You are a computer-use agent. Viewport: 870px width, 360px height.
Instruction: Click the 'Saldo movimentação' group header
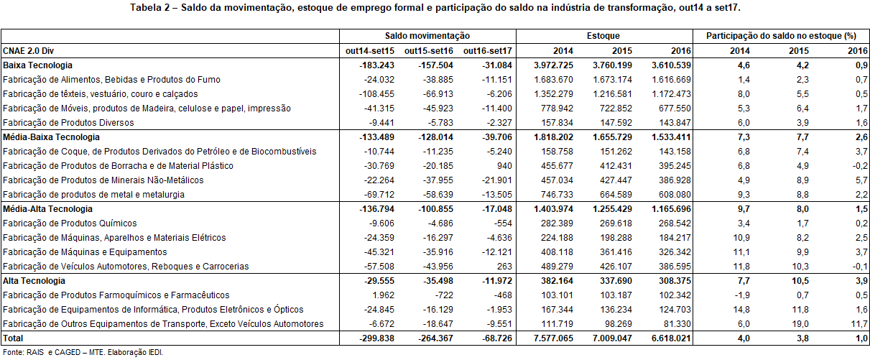(427, 36)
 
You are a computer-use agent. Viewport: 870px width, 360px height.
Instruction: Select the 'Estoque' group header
(603, 36)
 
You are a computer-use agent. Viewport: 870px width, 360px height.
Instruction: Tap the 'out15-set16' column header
(429, 51)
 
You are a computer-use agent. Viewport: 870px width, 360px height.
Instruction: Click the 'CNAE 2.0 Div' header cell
(28, 51)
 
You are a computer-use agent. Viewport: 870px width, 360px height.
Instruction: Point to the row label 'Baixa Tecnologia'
(37, 65)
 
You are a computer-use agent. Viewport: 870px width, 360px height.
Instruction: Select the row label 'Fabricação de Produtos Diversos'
(68, 123)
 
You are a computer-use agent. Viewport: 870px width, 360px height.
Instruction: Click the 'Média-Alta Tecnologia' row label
(47, 209)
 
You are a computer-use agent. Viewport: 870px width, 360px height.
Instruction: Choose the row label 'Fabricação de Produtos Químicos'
(70, 223)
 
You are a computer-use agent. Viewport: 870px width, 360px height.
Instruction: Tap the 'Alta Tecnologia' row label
(34, 281)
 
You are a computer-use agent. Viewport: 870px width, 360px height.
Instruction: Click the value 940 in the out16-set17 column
(504, 166)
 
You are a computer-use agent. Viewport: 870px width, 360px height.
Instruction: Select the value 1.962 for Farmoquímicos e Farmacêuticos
(383, 295)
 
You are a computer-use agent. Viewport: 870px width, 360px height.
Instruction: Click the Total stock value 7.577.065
(553, 338)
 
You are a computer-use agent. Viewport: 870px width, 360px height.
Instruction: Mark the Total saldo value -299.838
(376, 338)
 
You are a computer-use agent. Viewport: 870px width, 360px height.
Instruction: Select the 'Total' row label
(13, 338)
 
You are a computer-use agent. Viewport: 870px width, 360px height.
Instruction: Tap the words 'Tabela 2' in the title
(150, 8)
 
